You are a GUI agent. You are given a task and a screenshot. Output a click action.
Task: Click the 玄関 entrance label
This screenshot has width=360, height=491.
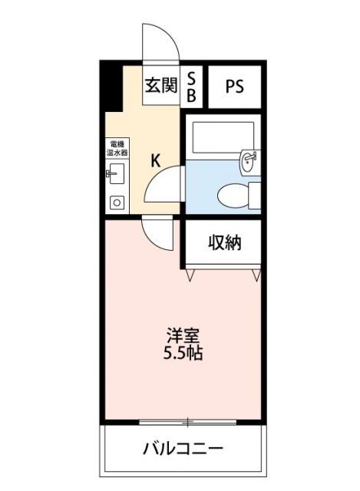click(160, 85)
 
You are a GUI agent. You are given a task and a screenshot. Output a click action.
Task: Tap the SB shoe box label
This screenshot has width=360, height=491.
click(192, 86)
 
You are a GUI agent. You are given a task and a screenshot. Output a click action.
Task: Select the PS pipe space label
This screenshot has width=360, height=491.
click(235, 86)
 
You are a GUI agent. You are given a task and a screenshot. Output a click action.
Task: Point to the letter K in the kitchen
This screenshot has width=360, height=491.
click(155, 160)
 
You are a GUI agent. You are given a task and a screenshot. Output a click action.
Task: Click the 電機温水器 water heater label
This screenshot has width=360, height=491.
click(117, 148)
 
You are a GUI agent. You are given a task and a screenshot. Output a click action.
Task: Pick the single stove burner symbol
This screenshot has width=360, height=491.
click(117, 203)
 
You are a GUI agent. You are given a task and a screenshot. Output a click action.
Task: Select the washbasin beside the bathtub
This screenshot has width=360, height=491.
click(248, 160)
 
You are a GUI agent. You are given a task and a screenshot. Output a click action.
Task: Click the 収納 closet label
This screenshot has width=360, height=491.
click(225, 243)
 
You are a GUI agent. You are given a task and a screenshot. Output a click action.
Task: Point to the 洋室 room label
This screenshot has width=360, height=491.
click(185, 336)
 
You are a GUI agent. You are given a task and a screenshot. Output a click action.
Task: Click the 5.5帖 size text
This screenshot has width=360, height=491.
click(185, 354)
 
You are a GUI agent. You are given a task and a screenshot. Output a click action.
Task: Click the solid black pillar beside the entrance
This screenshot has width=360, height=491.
click(112, 87)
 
